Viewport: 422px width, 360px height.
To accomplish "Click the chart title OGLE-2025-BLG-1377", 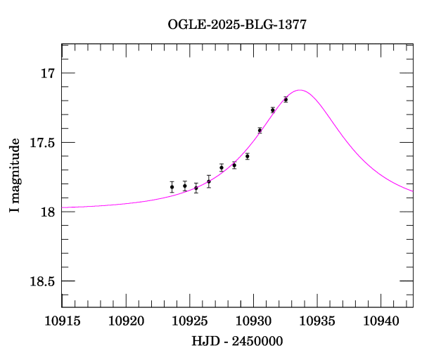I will click(237, 25).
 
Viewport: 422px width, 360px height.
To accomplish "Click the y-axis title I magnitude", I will click(15, 176).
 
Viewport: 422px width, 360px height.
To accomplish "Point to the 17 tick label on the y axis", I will click(47, 74).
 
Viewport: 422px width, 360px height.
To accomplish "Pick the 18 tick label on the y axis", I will click(47, 212).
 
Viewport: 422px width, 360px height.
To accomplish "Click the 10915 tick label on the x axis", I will click(62, 321).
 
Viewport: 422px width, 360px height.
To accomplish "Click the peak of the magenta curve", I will click(300, 90).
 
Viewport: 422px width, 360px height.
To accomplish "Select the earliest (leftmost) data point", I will click(172, 186).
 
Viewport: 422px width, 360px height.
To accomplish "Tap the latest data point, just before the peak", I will click(286, 99).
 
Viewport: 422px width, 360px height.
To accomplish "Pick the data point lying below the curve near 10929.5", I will click(248, 156).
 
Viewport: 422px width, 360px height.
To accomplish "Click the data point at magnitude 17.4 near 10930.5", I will click(260, 130).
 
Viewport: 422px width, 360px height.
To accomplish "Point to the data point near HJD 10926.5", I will click(209, 181).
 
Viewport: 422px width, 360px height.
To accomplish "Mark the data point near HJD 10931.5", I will click(272, 110).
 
